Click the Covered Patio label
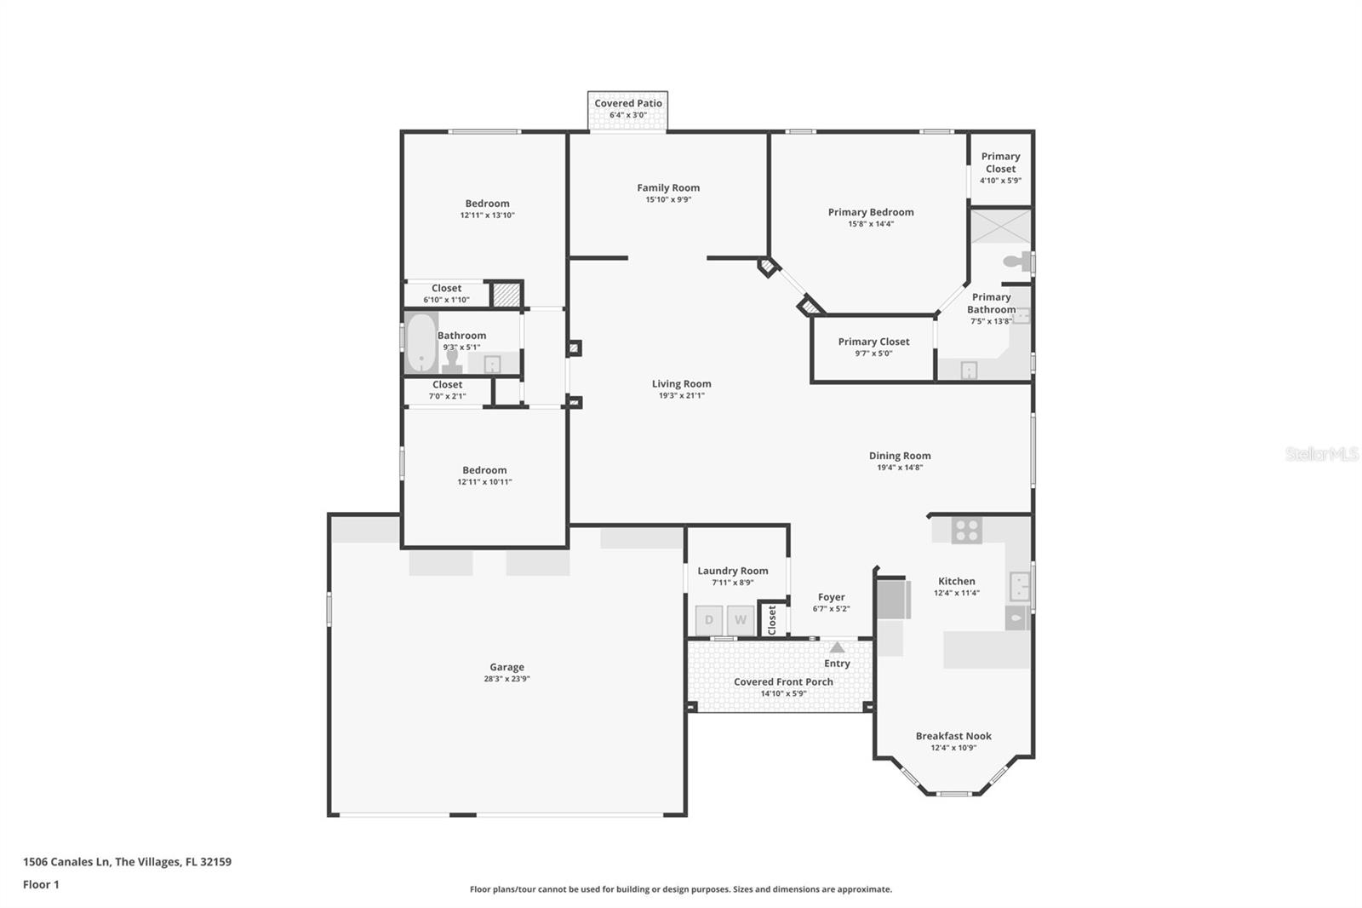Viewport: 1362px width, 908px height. tap(628, 103)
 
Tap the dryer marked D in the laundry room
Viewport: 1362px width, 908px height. tap(709, 619)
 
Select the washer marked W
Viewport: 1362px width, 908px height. tap(741, 619)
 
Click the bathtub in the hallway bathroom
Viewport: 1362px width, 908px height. tap(421, 342)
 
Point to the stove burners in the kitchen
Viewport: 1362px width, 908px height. tap(967, 531)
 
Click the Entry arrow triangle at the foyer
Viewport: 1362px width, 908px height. tap(838, 647)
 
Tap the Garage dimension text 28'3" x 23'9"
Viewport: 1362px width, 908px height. tap(506, 679)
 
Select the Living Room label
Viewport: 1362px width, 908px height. tap(681, 384)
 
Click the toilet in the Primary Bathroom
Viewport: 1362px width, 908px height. tap(1017, 261)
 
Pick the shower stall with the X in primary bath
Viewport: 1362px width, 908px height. tap(1001, 226)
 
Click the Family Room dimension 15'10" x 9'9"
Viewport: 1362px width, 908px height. tap(668, 199)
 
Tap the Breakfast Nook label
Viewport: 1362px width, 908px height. tap(953, 736)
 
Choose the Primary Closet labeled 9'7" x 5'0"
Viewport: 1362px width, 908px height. tap(873, 347)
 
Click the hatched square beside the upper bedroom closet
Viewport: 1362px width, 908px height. tap(506, 295)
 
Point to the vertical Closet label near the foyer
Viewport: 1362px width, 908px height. tap(772, 619)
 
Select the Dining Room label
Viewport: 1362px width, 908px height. tap(900, 456)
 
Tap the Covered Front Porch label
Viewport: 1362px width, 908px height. tap(783, 681)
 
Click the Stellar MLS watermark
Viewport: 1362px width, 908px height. tap(1322, 454)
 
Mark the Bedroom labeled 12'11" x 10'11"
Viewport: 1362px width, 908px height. tap(484, 475)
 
